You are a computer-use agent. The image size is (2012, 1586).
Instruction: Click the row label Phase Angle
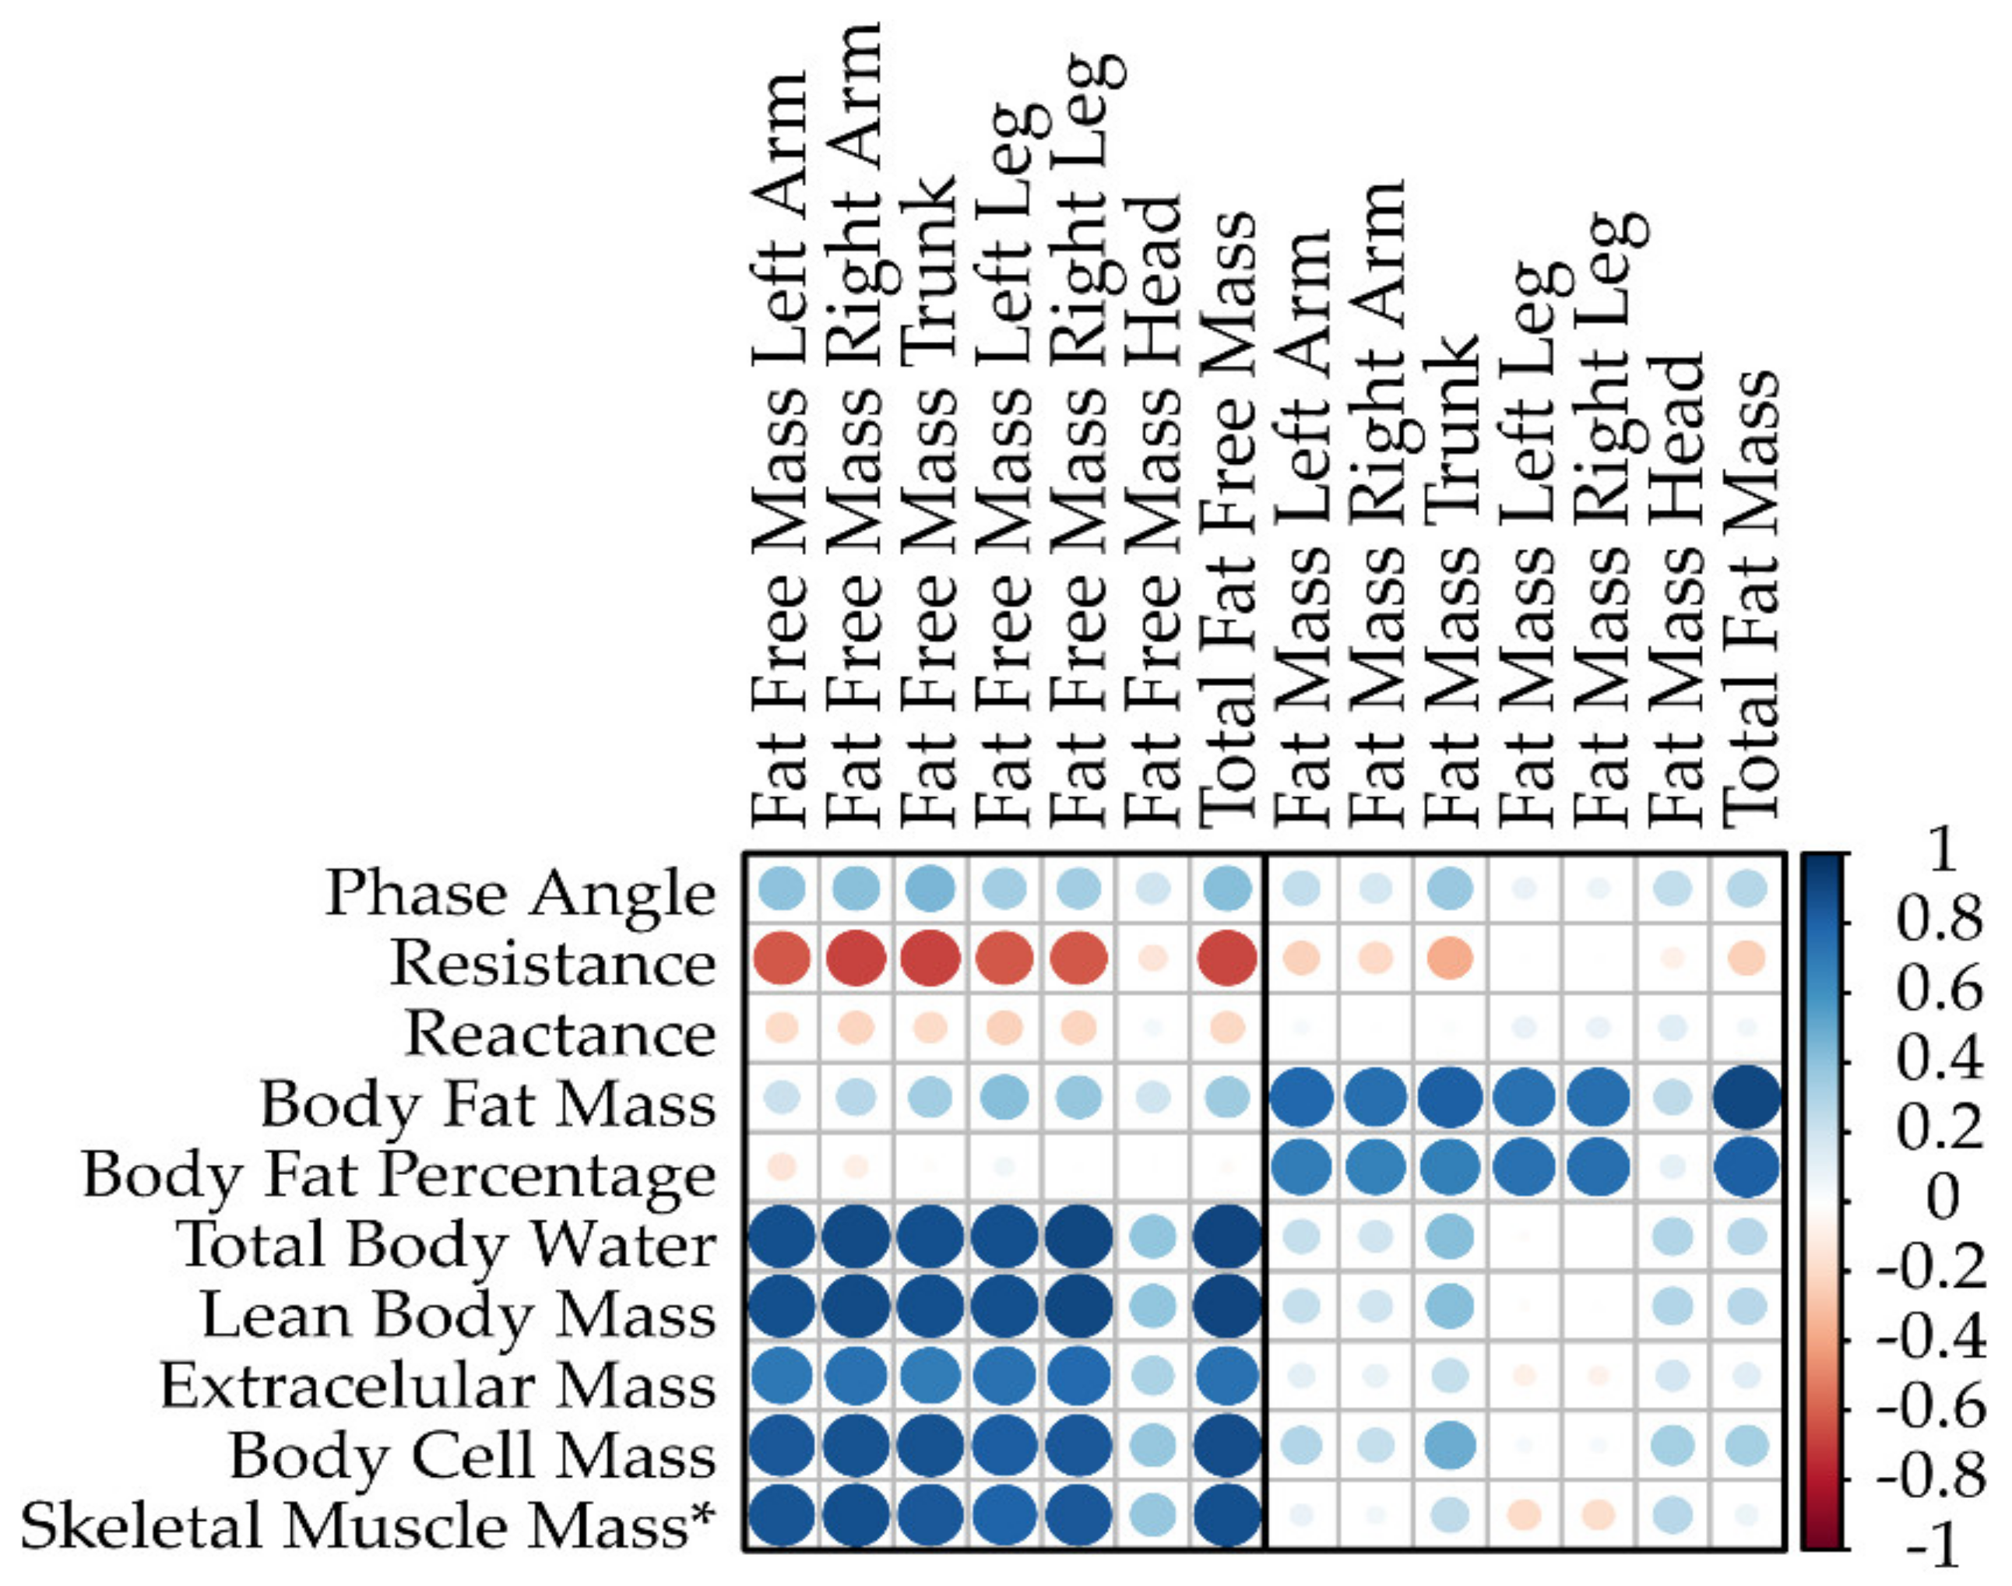click(520, 893)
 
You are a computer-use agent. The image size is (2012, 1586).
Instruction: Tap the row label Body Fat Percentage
click(399, 1176)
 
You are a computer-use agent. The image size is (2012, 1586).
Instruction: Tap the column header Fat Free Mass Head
click(1153, 511)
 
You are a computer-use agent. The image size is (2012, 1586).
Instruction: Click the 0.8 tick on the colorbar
click(1939, 922)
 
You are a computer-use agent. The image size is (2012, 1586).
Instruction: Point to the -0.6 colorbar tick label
click(1931, 1409)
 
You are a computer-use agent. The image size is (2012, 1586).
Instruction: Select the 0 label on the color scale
click(1943, 1200)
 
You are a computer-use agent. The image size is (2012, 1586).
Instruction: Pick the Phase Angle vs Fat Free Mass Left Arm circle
click(781, 888)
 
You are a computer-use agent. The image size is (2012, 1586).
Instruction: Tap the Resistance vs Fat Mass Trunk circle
click(1451, 958)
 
